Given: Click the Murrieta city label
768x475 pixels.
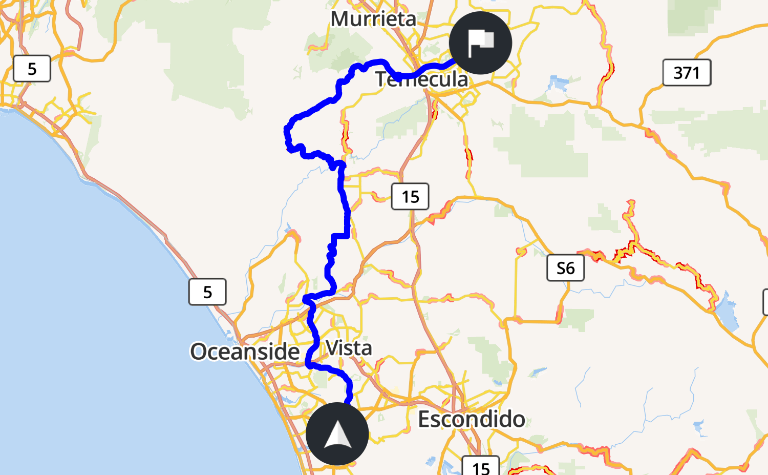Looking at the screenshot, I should point(373,19).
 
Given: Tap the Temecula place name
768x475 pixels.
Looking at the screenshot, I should point(421,79).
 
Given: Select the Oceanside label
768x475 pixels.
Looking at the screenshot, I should point(245,352).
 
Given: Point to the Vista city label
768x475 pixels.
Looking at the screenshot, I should point(349,348).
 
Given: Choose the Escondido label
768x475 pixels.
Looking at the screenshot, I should point(472,419).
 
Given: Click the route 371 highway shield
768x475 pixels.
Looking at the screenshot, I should point(687,72).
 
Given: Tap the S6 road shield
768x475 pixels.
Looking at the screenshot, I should point(565,268).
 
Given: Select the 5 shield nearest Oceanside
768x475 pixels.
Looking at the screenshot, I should point(207,292).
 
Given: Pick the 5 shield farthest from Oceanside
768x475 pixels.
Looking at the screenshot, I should point(32,69).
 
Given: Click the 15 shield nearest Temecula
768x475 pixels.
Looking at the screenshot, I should point(410,197).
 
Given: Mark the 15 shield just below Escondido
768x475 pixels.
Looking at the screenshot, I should point(480,467).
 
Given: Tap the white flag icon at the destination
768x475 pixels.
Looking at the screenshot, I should point(480,43).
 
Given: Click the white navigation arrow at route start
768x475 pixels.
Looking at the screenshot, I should point(337,434).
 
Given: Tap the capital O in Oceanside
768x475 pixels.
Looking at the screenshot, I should point(200,352).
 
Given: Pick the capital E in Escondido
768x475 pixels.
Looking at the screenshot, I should point(425,420).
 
